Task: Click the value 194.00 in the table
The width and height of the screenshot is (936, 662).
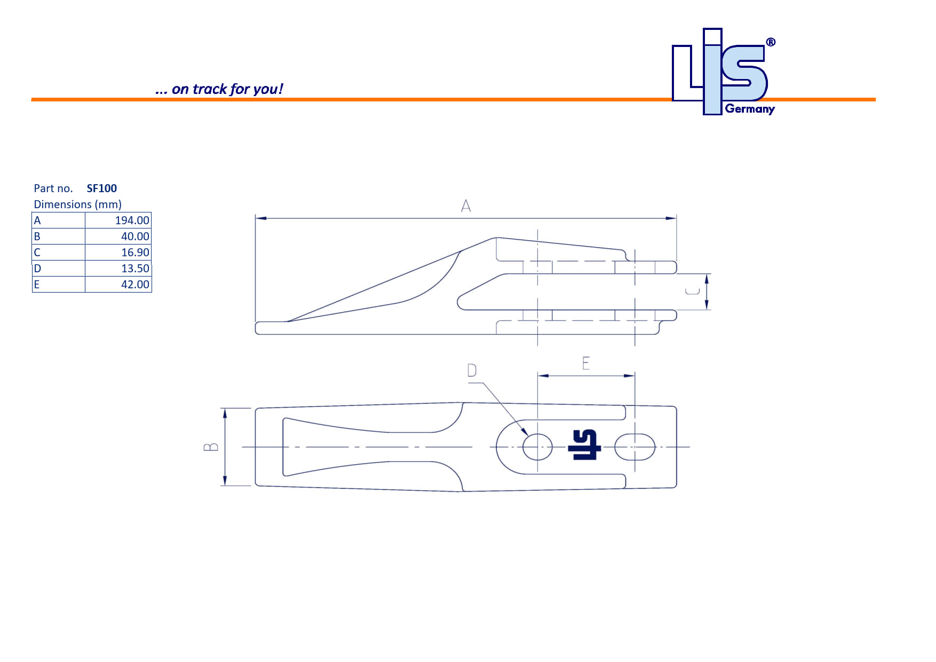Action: click(132, 220)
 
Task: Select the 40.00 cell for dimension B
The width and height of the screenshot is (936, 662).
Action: click(135, 237)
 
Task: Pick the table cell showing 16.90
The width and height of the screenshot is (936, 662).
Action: click(135, 253)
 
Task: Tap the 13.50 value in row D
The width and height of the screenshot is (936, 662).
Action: click(135, 269)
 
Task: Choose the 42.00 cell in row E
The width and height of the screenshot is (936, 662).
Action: click(135, 285)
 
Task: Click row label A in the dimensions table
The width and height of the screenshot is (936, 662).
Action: click(37, 220)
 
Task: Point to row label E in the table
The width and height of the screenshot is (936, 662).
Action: click(37, 285)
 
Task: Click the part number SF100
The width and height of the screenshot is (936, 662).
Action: click(101, 188)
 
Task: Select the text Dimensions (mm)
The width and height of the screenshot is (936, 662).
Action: click(78, 204)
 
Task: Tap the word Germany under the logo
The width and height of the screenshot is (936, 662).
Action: click(750, 109)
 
